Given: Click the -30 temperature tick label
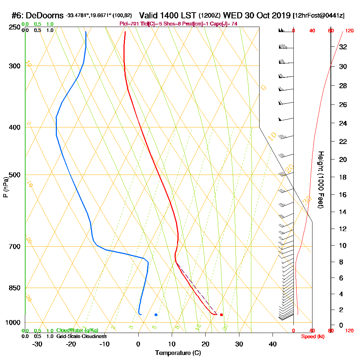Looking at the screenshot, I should click(37, 344).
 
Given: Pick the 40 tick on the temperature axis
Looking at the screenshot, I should click(273, 344).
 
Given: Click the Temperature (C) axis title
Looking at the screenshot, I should click(178, 353).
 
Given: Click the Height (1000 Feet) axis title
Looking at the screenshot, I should click(320, 180).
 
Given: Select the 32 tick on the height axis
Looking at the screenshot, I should click(342, 46).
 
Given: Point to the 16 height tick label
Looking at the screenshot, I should click(342, 195).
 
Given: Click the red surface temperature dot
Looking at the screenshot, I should click(221, 315).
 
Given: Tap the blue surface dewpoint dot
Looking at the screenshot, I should click(156, 315).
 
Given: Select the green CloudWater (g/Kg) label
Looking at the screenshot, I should click(77, 330).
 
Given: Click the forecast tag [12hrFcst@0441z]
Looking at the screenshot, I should click(319, 16).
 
